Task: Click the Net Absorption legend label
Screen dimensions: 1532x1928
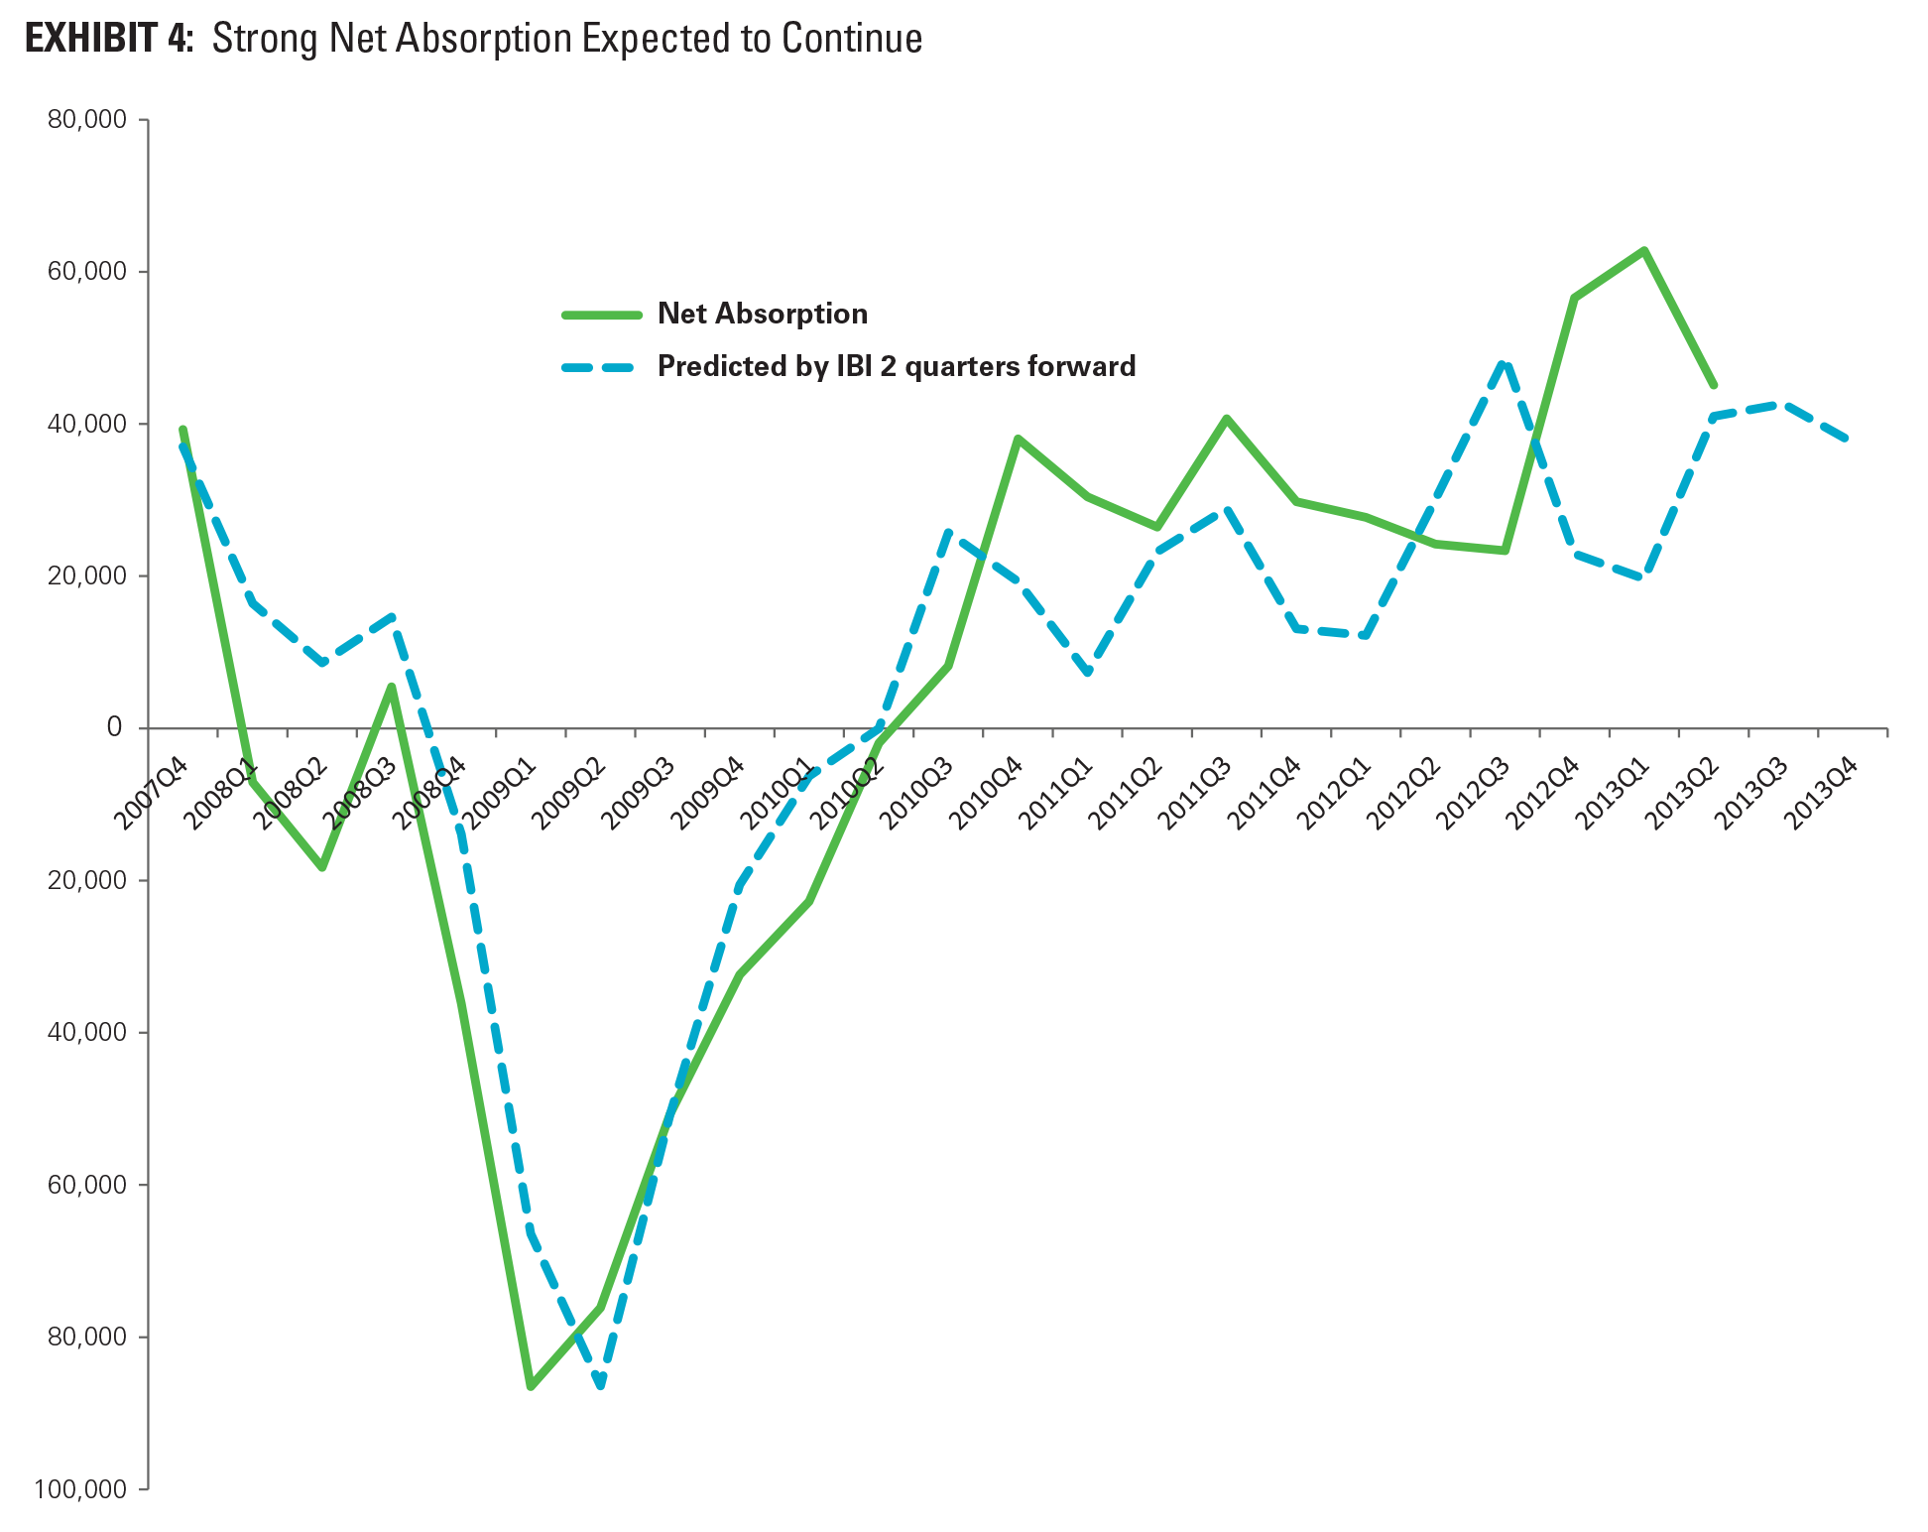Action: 762,315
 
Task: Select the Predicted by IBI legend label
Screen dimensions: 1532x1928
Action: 896,367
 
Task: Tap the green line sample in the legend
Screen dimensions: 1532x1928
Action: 602,315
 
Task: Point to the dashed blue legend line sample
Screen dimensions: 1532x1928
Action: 602,367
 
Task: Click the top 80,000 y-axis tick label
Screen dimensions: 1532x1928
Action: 87,120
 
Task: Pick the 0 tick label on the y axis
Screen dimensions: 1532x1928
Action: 114,728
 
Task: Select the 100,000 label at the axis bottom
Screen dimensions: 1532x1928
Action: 80,1488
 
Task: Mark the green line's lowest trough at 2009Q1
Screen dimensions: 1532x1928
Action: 532,1386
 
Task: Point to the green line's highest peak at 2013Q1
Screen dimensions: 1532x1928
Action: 1644,250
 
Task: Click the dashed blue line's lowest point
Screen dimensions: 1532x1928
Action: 601,1386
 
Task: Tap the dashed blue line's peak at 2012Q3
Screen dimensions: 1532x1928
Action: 1505,363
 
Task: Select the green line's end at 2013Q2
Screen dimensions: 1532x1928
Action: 1714,385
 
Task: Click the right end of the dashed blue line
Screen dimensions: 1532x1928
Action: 1847,439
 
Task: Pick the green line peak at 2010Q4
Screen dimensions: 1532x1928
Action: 1018,438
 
